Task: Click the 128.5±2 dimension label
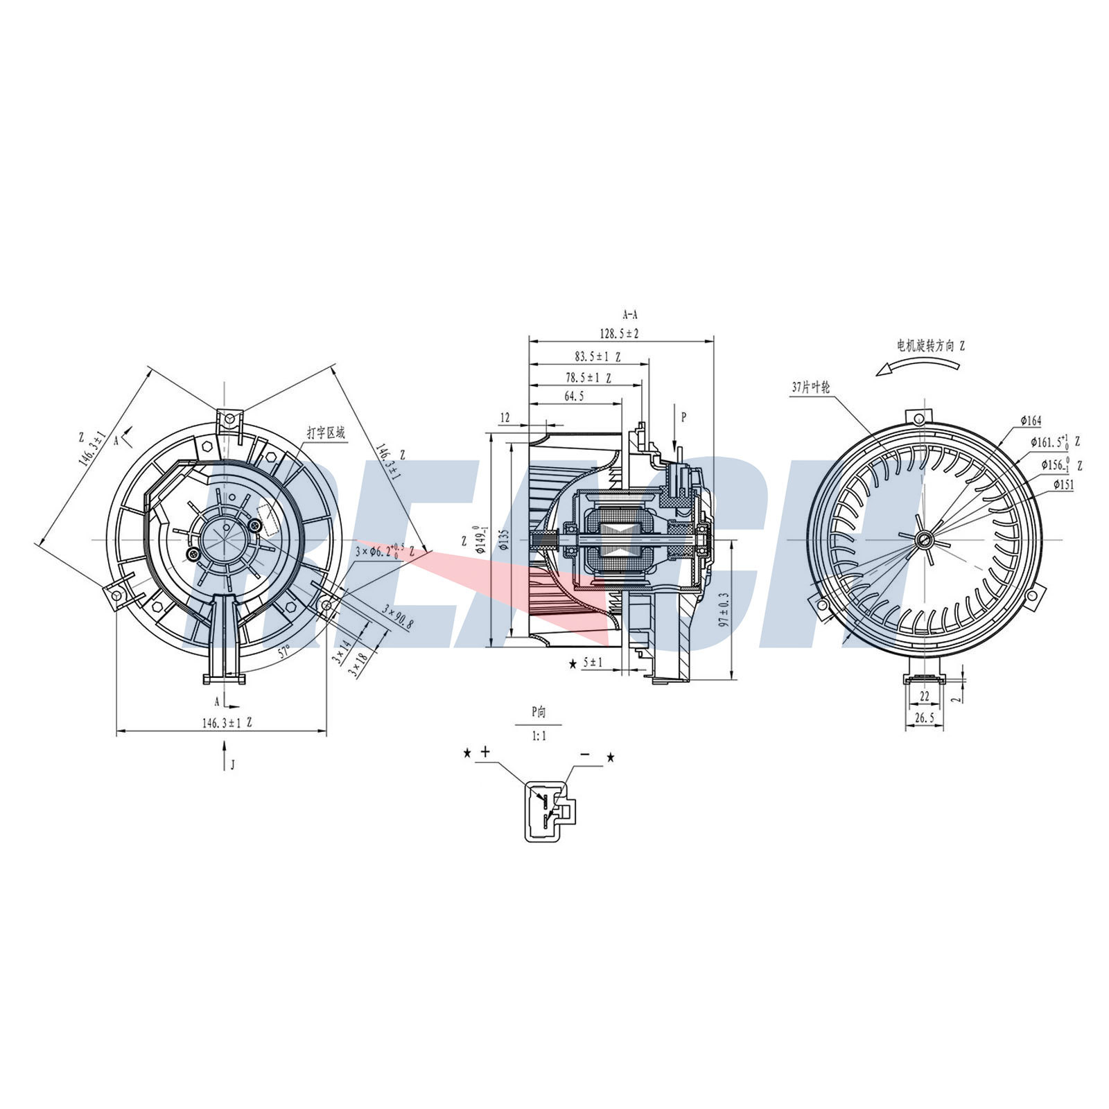619,334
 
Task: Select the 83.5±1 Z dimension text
597,357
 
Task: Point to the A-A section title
630,315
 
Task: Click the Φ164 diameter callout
1031,421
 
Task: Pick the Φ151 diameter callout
1063,485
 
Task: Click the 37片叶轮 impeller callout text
810,387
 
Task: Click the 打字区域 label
326,433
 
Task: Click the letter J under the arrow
233,765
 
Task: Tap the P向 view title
539,711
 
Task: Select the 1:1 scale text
539,736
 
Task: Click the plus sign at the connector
485,751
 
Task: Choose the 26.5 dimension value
924,719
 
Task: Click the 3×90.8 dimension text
399,615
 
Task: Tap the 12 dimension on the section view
505,417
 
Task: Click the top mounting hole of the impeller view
918,419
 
